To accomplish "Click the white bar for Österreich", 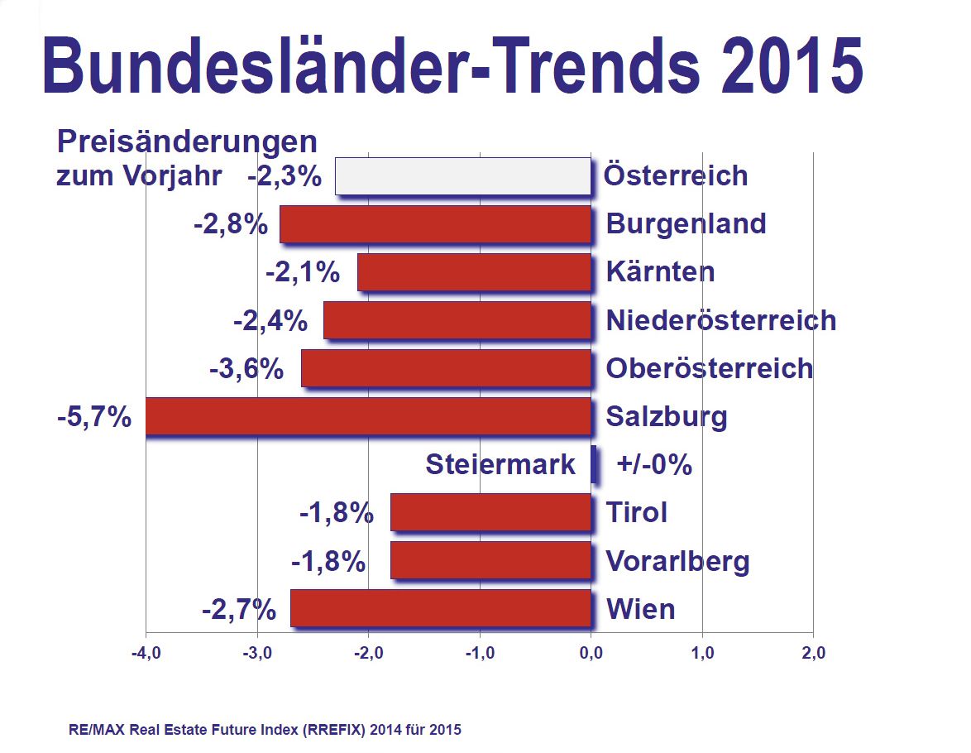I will [462, 175].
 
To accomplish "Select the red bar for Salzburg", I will [368, 415].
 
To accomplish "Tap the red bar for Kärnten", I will [474, 272].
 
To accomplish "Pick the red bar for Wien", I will [440, 608].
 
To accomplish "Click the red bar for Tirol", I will [490, 512].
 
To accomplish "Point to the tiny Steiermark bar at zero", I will [594, 464].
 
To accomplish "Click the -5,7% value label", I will [94, 417].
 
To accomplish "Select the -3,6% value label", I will [246, 369].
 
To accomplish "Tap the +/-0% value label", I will [654, 465].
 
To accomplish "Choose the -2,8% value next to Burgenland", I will [231, 224].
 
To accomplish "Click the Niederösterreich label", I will [720, 320].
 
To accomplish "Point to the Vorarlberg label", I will [677, 561].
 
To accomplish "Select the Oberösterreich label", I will [709, 368].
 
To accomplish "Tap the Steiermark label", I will [500, 465].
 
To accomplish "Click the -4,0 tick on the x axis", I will [145, 654].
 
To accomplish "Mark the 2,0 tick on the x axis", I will [813, 654].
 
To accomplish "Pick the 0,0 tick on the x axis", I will [591, 654].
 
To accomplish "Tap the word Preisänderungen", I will [187, 141].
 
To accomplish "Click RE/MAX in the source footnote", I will [92, 730].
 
